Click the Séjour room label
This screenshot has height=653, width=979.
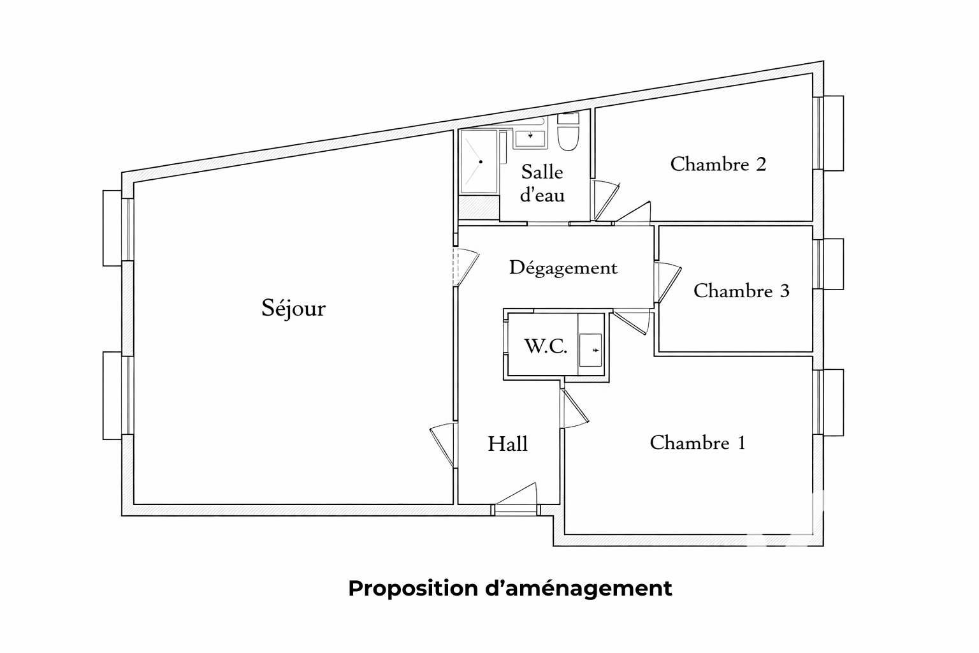pos(294,309)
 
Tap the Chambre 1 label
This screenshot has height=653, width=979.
pos(697,443)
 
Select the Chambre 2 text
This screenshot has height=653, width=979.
pos(718,164)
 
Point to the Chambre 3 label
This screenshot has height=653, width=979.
pos(741,291)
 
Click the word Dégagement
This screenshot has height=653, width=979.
pos(563,268)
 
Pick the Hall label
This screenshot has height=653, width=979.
pos(507,444)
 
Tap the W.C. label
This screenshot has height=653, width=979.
pos(546,346)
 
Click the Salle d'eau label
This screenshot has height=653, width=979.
pos(542,183)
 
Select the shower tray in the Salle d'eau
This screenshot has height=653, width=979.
pos(479,161)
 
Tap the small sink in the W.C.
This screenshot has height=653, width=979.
pos(590,350)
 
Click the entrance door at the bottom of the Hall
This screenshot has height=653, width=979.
pos(516,499)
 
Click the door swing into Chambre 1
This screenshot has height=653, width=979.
pos(574,409)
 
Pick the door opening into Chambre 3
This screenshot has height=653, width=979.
pos(668,282)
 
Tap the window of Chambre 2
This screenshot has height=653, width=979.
pos(829,133)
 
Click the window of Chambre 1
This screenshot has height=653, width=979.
pos(829,402)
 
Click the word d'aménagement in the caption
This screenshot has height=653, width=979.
pos(579,589)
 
